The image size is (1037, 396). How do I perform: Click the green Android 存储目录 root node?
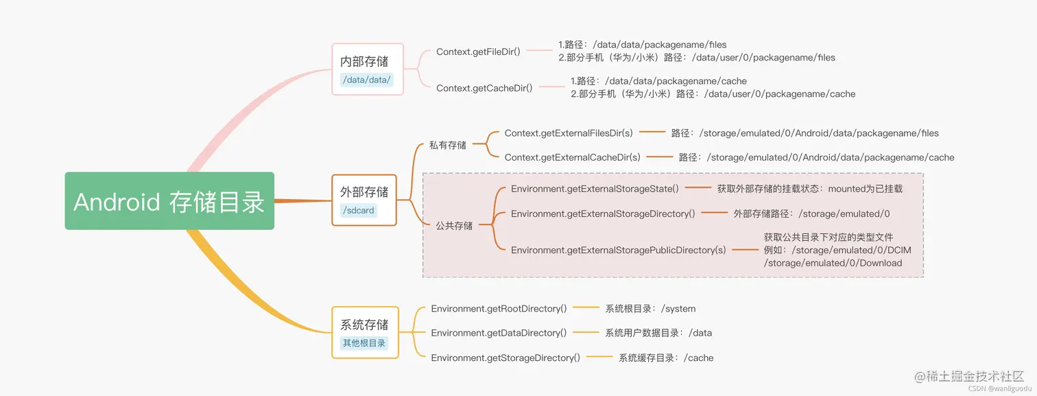tap(169, 201)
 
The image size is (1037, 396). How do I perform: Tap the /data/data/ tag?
tap(366, 80)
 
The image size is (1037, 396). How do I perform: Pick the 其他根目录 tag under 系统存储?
tap(364, 342)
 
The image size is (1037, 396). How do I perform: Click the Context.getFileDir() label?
tap(479, 51)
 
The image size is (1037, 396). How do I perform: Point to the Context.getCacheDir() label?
tap(484, 88)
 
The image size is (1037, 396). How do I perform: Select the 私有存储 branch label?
tap(448, 145)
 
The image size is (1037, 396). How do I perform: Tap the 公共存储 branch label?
tap(454, 225)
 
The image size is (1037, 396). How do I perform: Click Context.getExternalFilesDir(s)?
tap(569, 132)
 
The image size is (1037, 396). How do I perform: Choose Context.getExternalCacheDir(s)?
tap(572, 157)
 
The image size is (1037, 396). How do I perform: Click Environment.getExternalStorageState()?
tap(595, 188)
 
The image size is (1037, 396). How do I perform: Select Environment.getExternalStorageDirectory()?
tap(603, 213)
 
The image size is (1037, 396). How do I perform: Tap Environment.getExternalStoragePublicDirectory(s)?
tap(618, 250)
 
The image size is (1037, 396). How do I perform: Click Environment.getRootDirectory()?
tap(499, 308)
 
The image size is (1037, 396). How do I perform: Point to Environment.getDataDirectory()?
tap(499, 333)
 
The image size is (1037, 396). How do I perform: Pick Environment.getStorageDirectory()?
tap(505, 358)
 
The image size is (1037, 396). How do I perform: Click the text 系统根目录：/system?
tap(650, 309)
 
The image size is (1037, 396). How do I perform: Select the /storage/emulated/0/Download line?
tap(833, 263)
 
